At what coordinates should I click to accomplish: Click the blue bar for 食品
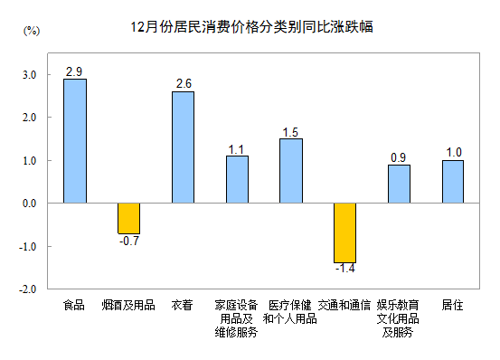(x=75, y=141)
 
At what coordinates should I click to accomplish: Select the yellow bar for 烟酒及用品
(x=128, y=218)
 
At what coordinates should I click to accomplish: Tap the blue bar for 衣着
(x=183, y=147)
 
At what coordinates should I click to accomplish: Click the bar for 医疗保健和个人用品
(x=290, y=171)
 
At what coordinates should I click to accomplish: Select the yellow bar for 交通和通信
(x=344, y=233)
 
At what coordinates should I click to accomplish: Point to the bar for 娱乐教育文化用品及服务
(x=399, y=185)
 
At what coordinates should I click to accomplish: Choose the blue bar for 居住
(x=453, y=182)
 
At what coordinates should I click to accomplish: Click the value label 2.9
(x=75, y=71)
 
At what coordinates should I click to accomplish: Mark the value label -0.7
(x=128, y=241)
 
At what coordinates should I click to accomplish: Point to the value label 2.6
(x=183, y=83)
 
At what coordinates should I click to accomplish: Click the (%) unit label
(x=30, y=33)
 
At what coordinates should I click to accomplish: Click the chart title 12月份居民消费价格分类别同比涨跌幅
(x=250, y=27)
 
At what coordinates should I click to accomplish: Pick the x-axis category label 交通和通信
(x=344, y=305)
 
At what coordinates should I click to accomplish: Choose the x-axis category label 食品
(x=75, y=305)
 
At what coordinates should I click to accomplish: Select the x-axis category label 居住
(x=453, y=305)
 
